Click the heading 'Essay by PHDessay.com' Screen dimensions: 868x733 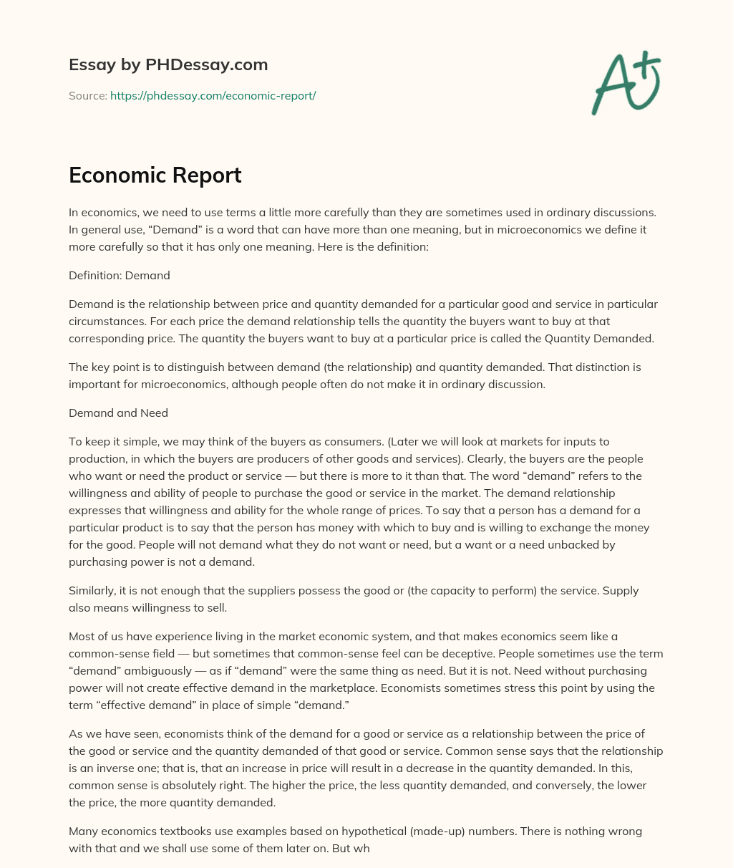168,64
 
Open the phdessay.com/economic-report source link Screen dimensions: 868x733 213,95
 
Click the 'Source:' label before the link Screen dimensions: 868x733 88,95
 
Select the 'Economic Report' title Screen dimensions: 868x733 155,175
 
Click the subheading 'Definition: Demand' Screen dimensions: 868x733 119,275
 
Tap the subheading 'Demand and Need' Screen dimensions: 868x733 118,413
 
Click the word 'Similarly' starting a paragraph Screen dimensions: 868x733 91,590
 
